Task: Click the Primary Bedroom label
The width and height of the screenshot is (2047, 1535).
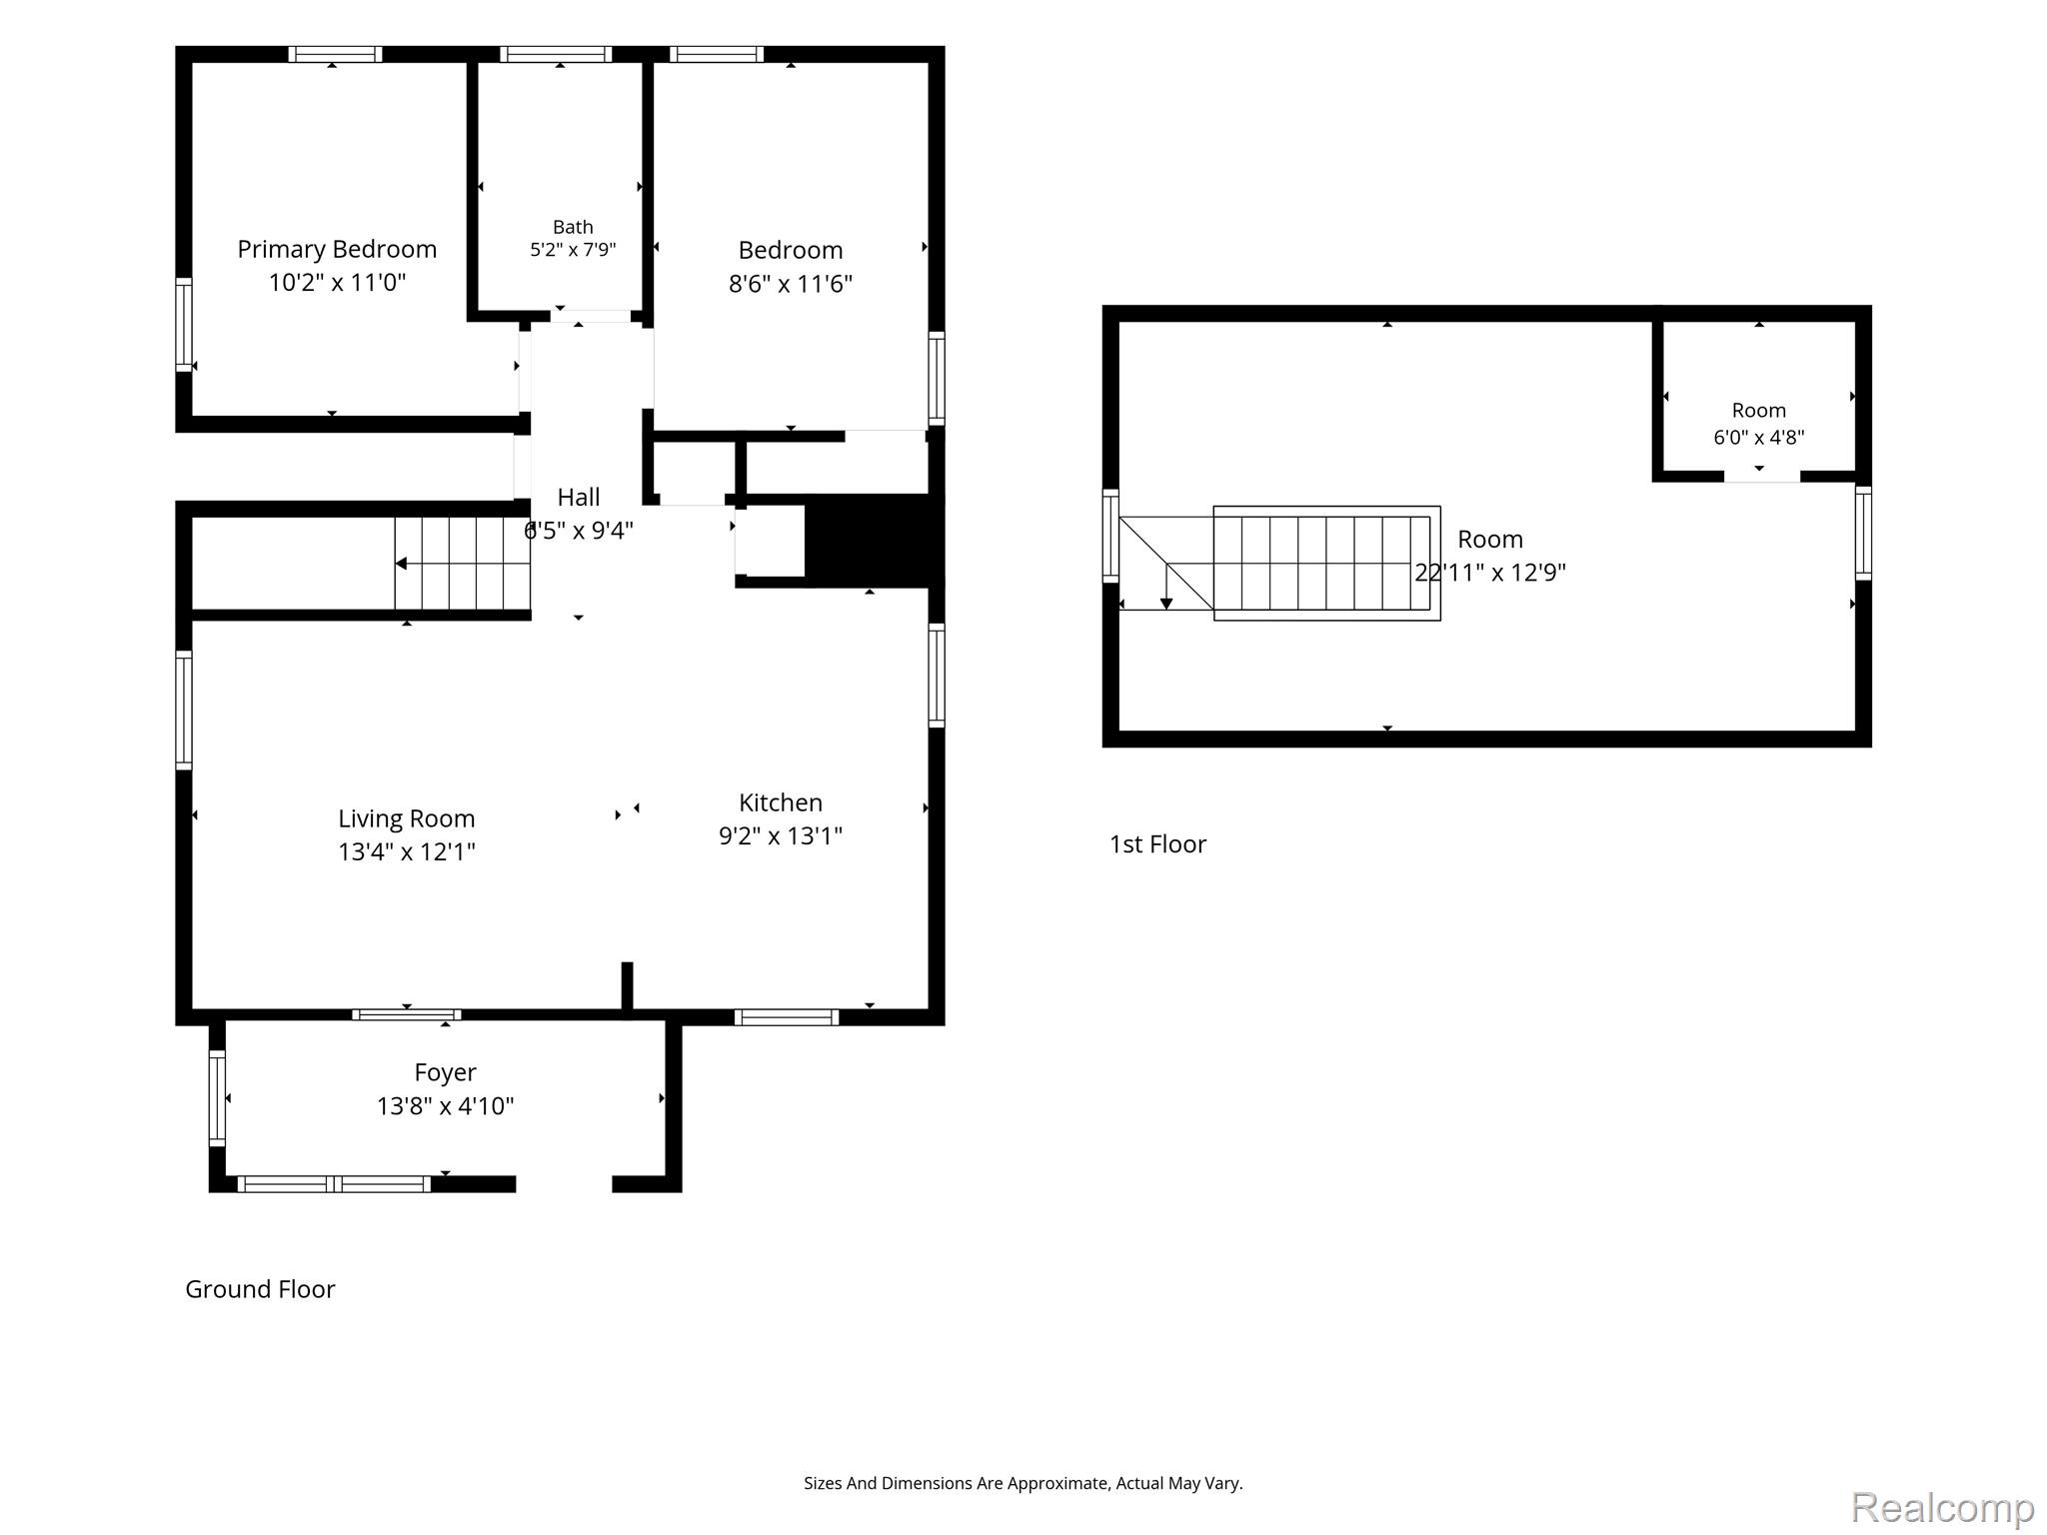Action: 337,250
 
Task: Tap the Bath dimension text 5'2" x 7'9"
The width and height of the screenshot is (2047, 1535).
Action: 573,250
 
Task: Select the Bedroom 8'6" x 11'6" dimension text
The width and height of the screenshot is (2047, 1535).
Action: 791,284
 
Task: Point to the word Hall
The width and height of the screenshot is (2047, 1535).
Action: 579,497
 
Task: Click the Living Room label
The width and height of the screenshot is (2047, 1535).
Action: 407,819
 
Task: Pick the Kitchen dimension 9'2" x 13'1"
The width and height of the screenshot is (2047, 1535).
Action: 781,835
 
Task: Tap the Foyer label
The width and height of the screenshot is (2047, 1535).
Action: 445,1073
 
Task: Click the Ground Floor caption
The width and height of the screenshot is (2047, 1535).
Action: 260,1289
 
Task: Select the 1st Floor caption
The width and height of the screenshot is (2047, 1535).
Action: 1157,844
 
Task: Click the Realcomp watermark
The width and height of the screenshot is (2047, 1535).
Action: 1943,1507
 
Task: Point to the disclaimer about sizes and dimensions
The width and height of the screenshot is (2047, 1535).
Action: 1023,1484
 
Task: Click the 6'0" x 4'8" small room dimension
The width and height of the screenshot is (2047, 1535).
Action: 1759,437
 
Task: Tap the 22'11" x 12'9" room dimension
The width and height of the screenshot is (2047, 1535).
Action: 1490,573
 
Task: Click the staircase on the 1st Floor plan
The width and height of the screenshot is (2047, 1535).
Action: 1326,564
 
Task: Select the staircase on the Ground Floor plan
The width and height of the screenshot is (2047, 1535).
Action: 462,563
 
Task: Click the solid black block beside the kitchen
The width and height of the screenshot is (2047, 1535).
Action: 875,541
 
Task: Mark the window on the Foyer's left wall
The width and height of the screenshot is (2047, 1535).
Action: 217,1098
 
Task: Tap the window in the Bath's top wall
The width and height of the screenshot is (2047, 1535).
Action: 556,54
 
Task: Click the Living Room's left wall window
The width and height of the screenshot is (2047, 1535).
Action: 184,711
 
